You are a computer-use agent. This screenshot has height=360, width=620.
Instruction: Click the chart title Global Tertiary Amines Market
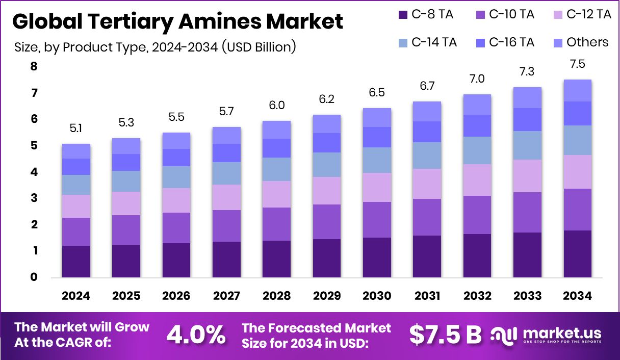[177, 22]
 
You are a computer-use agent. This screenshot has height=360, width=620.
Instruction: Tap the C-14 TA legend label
[434, 42]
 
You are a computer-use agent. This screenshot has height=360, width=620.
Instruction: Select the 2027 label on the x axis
[226, 296]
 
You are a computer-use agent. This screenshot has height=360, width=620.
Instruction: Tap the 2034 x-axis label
[577, 296]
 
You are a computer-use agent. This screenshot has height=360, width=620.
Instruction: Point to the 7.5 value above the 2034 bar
[577, 64]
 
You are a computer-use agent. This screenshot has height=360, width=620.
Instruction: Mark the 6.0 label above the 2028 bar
[276, 106]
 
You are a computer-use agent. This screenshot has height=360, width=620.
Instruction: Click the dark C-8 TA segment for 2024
[76, 262]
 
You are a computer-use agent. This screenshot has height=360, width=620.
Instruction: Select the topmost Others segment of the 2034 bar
[577, 90]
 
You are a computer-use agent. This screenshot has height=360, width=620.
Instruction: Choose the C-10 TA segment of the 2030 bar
[377, 220]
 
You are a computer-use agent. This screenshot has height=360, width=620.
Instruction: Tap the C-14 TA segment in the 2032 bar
[477, 150]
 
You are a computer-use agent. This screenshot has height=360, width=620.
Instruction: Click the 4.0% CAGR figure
[196, 335]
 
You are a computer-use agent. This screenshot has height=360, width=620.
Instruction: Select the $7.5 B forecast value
[446, 335]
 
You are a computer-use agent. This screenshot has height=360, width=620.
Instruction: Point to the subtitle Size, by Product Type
[155, 47]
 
